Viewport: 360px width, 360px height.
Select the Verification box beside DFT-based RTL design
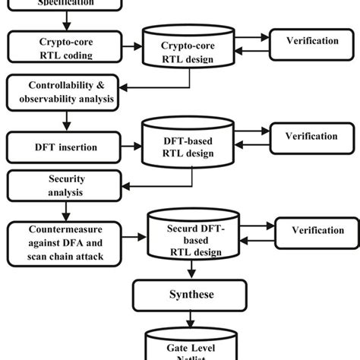[311, 137]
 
